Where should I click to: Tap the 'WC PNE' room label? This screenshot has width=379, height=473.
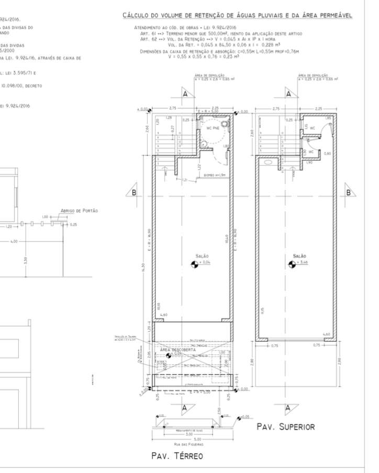pyautogui.click(x=211, y=127)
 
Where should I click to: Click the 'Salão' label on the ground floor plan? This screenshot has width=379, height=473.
pyautogui.click(x=202, y=256)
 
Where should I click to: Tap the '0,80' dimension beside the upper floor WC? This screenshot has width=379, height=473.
pyautogui.click(x=328, y=153)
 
